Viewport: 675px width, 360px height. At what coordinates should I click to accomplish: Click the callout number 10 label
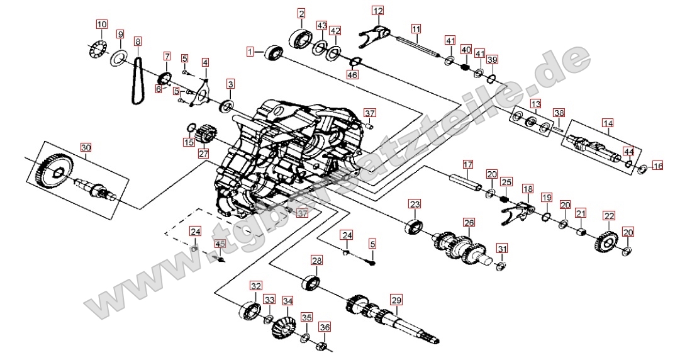(x=102, y=25)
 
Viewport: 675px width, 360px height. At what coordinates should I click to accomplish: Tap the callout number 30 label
(x=86, y=147)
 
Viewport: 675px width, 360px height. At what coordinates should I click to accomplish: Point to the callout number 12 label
(x=377, y=11)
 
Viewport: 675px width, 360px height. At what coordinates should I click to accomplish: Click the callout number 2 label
(x=302, y=13)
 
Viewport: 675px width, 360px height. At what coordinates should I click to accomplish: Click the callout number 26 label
(x=469, y=222)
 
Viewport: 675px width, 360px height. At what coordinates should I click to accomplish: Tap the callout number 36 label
(x=324, y=327)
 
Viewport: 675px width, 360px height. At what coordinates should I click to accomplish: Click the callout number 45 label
(x=220, y=244)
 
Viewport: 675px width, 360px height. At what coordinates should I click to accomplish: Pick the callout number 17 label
(x=467, y=165)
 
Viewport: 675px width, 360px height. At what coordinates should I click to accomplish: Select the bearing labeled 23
(x=415, y=227)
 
